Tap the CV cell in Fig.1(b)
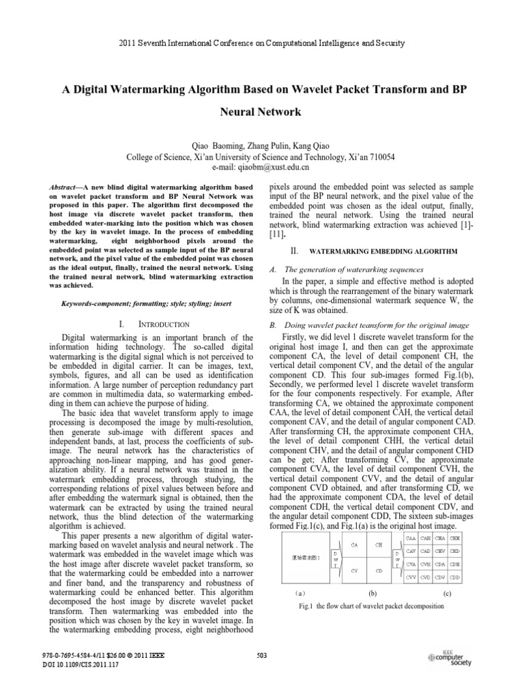click(354, 569)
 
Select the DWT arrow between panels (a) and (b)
click(336, 558)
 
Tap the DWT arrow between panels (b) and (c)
click(397, 558)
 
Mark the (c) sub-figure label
click(447, 593)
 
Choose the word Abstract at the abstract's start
click(66, 186)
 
